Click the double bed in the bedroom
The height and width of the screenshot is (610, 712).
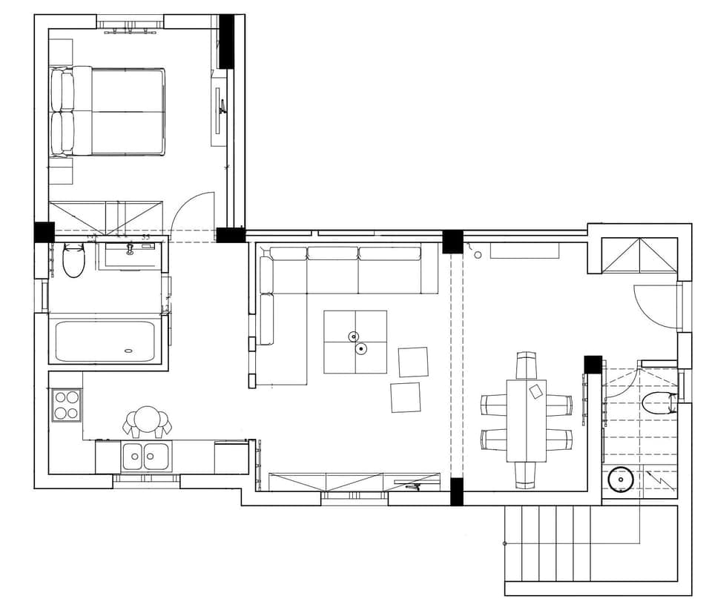111,112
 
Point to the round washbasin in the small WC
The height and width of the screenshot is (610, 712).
619,480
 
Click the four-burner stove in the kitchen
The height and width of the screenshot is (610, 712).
66,405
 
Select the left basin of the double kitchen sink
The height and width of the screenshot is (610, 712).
133,456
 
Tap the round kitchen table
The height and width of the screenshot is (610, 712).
147,420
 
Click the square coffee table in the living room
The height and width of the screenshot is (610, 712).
355,342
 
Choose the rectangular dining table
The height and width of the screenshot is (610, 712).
527,420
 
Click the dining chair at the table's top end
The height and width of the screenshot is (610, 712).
527,365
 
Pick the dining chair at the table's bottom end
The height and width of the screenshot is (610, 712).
527,474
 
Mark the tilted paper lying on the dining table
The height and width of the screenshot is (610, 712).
536,391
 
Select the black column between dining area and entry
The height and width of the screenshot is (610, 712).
593,365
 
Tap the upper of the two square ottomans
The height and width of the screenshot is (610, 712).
413,362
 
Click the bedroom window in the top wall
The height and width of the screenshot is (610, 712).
130,24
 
